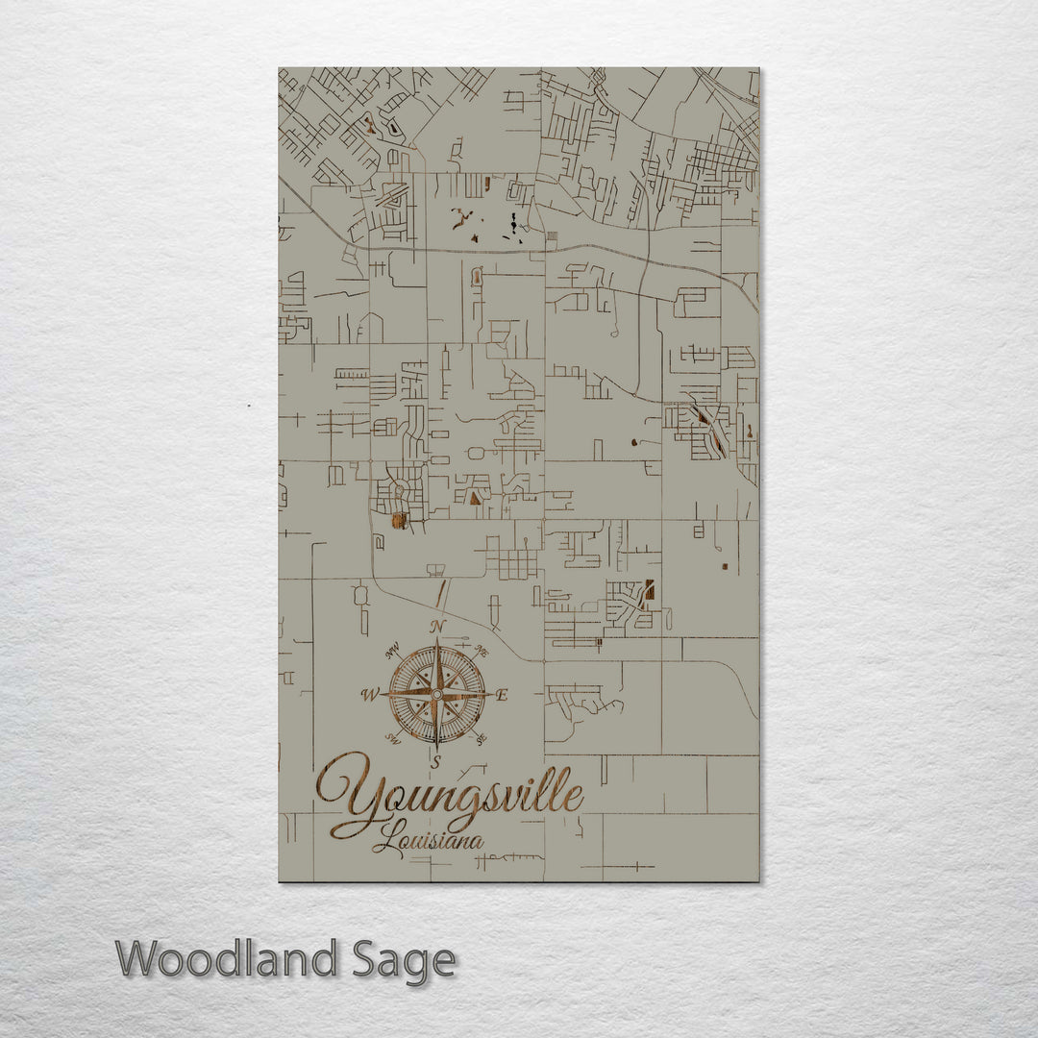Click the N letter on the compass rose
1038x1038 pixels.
pyautogui.click(x=437, y=627)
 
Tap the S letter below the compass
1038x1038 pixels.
pyautogui.click(x=436, y=762)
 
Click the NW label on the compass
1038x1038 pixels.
pyautogui.click(x=391, y=655)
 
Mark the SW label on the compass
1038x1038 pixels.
pyautogui.click(x=392, y=737)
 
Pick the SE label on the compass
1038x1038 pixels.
pyautogui.click(x=482, y=738)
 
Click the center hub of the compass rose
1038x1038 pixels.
pyautogui.click(x=437, y=693)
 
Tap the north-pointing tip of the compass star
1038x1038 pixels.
pyautogui.click(x=437, y=639)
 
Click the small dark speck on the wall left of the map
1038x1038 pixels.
pyautogui.click(x=248, y=407)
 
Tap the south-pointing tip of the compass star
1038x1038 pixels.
pyautogui.click(x=437, y=748)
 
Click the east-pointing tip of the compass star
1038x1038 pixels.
pyautogui.click(x=492, y=693)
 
